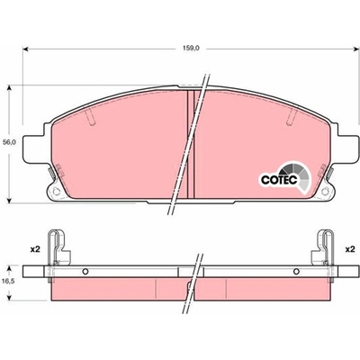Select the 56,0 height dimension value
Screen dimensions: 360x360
[x=10, y=143]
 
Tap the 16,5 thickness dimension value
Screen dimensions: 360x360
[x=10, y=282]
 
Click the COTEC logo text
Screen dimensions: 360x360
[x=279, y=180]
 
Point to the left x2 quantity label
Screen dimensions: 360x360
[x=35, y=249]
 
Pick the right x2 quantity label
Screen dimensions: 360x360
[x=349, y=249]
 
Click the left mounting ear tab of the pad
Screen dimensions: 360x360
[x=35, y=149]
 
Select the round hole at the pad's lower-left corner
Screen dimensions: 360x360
[x=56, y=192]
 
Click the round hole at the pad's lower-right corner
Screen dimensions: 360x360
[x=325, y=192]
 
